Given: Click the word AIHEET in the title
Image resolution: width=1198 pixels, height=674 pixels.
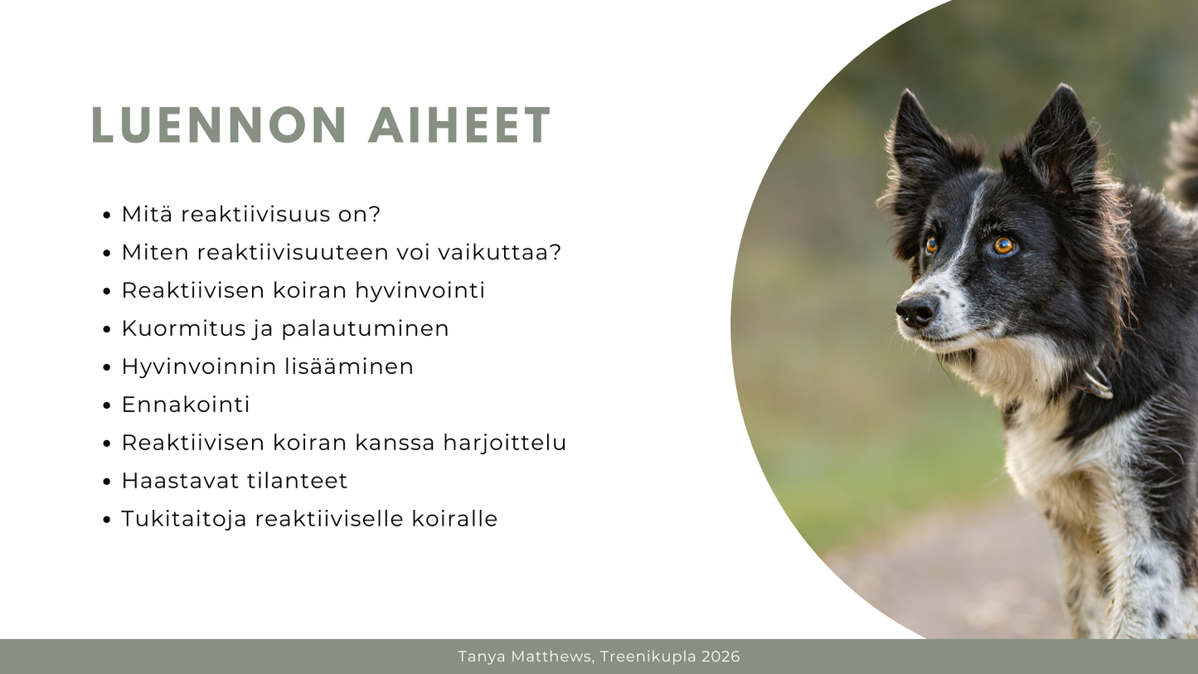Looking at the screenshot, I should (460, 126).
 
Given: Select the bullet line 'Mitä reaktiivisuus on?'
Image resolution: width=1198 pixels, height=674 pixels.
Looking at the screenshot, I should (250, 214).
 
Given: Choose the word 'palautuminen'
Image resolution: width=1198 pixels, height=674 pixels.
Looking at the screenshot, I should (365, 328).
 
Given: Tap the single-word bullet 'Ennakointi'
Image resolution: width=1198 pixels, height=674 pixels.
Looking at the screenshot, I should (186, 405).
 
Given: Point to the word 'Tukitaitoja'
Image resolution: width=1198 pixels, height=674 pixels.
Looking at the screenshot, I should (184, 519).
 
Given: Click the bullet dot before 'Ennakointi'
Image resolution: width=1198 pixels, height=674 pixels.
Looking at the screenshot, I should (106, 406).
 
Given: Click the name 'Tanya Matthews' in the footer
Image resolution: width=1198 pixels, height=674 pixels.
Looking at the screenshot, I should (525, 657).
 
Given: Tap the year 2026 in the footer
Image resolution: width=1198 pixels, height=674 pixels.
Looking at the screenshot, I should (720, 657).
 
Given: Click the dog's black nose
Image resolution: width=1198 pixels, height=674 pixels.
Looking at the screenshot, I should (916, 311).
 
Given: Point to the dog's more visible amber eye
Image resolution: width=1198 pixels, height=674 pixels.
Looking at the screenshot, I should (1004, 245).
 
